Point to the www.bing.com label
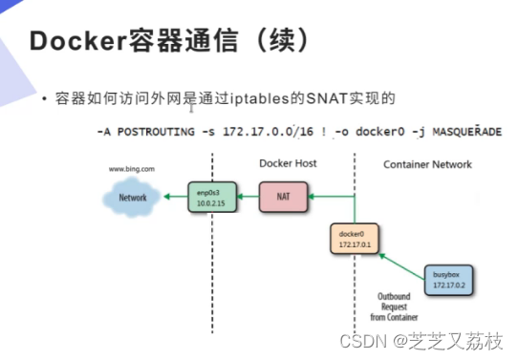click(132, 168)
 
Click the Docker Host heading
click(288, 164)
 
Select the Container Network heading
click(427, 164)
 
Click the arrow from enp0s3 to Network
click(171, 198)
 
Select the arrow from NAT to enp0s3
click(246, 198)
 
